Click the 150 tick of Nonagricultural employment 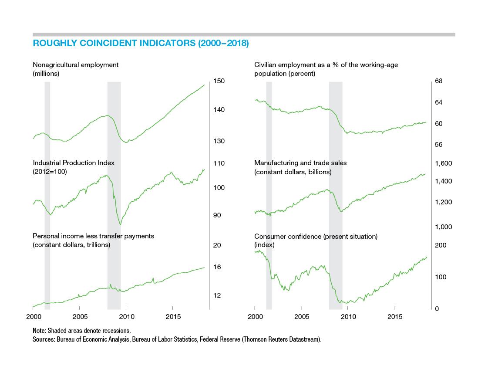point(219,81)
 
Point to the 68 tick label point(438,81)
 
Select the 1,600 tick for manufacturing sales point(444,163)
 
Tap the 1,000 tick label point(444,227)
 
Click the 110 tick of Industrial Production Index point(219,163)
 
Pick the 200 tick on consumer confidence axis point(441,245)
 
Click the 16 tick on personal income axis point(217,267)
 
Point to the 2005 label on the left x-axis point(80,317)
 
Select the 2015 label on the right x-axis point(395,317)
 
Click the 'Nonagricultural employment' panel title point(76,65)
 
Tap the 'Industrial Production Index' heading point(74,163)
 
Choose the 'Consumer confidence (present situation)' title point(316,236)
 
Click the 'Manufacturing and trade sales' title point(300,163)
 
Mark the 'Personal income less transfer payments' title point(93,236)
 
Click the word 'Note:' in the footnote point(39,331)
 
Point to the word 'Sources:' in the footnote point(44,339)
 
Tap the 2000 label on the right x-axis point(255,317)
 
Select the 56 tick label point(438,145)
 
